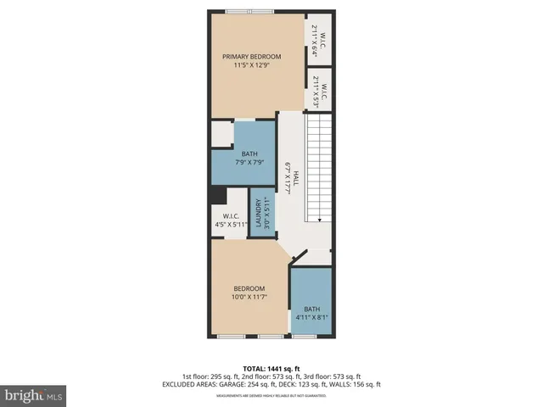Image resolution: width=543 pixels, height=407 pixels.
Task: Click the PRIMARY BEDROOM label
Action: point(251,57)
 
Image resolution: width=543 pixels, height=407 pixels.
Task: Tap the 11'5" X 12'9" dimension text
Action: point(251,67)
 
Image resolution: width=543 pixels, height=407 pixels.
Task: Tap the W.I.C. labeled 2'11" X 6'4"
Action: point(317,40)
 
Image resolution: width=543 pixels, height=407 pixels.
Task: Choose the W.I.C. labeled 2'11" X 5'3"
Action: point(317,90)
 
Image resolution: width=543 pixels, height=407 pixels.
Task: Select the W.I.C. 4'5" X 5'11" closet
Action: point(227,220)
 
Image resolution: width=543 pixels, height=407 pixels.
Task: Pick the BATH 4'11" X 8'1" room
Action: point(311,313)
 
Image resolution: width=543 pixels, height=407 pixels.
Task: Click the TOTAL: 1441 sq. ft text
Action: point(271,367)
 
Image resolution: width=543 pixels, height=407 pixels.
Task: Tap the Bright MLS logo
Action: point(34,395)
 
